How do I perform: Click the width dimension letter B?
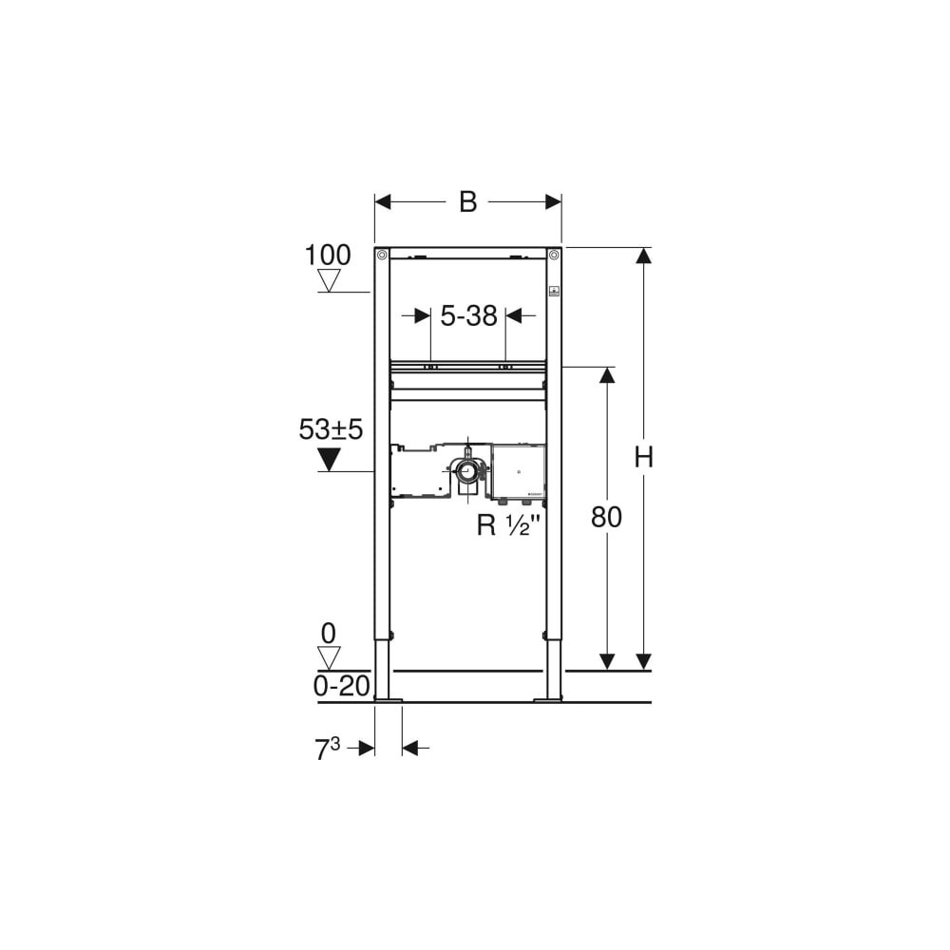[467, 201]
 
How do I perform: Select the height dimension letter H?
[643, 457]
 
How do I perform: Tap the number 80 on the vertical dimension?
[606, 518]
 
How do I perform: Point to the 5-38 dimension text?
[468, 315]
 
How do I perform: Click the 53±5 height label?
[331, 429]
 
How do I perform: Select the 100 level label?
[327, 255]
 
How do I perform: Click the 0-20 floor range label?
[341, 687]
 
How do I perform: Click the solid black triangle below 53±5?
[329, 459]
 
